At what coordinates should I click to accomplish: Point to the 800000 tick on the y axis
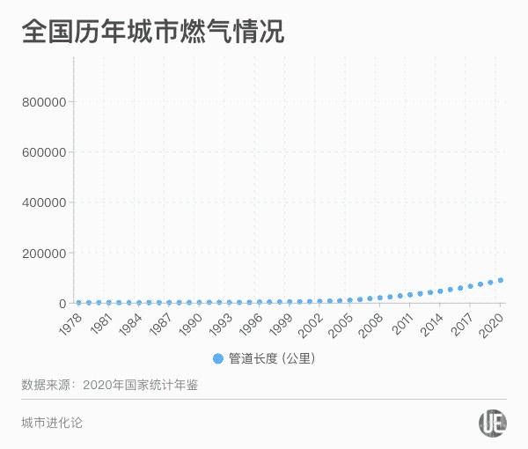click(44, 102)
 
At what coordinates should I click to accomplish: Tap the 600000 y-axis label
click(44, 152)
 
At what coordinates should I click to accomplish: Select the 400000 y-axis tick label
click(44, 202)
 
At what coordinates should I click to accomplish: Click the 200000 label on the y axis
click(44, 254)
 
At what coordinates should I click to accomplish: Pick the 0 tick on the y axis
click(62, 304)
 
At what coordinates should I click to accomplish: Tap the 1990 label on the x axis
click(190, 322)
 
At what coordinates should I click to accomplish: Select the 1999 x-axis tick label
click(281, 322)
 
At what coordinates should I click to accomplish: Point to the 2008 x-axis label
click(371, 322)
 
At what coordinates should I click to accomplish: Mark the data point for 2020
click(501, 281)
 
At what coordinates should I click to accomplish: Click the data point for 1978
click(78, 303)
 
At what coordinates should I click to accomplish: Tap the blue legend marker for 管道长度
click(218, 358)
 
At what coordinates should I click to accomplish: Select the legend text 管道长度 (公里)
click(271, 358)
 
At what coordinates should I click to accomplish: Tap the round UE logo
click(492, 423)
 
